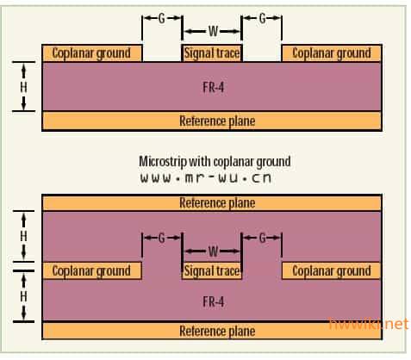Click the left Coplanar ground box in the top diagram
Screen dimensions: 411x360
(92, 53)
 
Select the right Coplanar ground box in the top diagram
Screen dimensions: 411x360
(332, 53)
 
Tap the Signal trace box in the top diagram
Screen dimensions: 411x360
(212, 53)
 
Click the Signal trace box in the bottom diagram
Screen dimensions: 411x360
(212, 270)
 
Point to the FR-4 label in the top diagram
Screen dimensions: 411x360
(213, 87)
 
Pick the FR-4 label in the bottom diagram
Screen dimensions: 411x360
(213, 301)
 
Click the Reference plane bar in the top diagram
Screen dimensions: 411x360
(212, 121)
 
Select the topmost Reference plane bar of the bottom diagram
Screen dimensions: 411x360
(212, 203)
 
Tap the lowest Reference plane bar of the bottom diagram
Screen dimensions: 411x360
(212, 331)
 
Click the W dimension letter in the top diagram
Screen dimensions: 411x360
(213, 31)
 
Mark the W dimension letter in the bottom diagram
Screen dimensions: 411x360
(213, 251)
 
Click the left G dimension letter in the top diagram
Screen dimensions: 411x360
(162, 19)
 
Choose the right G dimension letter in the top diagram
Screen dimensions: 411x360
(262, 19)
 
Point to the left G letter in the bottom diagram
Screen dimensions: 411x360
(162, 238)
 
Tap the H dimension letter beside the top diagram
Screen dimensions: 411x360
(23, 87)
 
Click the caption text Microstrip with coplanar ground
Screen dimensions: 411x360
(215, 162)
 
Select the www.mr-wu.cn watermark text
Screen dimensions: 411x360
(206, 178)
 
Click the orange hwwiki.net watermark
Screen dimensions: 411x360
(369, 324)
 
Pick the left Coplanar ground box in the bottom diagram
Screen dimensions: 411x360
(92, 270)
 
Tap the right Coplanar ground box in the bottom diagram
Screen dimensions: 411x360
(332, 270)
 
